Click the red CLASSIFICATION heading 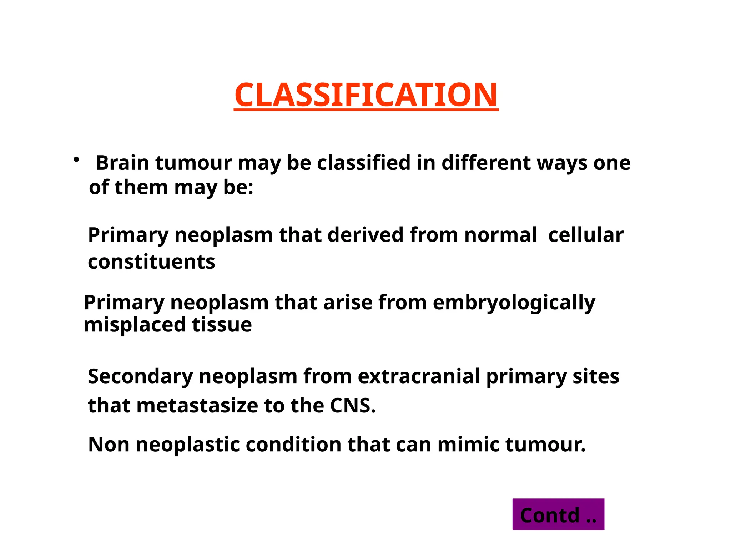[x=366, y=95]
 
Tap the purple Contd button [x=558, y=514]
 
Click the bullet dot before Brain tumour [x=76, y=160]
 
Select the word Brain [x=122, y=163]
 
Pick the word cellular [x=585, y=235]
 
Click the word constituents [x=151, y=262]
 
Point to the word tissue [x=222, y=325]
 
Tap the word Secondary [x=140, y=377]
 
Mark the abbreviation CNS [x=352, y=406]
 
